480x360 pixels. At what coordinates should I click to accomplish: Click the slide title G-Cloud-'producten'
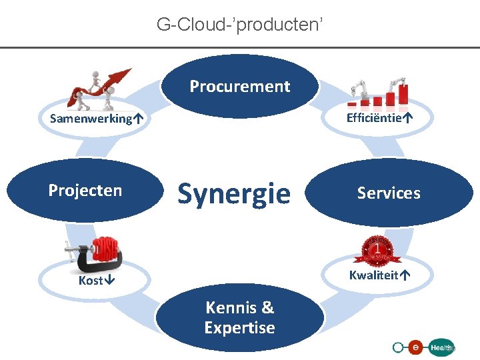[x=240, y=25]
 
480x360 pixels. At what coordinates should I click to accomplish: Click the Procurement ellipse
[x=240, y=86]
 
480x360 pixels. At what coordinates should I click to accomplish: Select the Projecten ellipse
[x=85, y=191]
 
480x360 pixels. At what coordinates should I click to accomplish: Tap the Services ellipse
[x=389, y=193]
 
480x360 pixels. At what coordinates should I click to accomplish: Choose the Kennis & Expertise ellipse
[x=240, y=317]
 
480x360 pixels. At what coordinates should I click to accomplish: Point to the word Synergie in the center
[x=233, y=193]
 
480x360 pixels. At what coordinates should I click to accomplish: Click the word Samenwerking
[x=91, y=119]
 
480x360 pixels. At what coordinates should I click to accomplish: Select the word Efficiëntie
[x=373, y=118]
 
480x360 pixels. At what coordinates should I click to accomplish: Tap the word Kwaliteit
[x=373, y=275]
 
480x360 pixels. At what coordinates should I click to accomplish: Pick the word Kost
[x=90, y=281]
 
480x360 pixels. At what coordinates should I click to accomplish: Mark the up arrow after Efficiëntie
[x=407, y=118]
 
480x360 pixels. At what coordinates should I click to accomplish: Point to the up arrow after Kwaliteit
[x=404, y=275]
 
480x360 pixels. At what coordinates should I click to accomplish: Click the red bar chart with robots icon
[x=378, y=92]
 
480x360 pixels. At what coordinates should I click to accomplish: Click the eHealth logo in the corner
[x=424, y=347]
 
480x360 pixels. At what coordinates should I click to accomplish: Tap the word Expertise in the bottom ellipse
[x=240, y=327]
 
